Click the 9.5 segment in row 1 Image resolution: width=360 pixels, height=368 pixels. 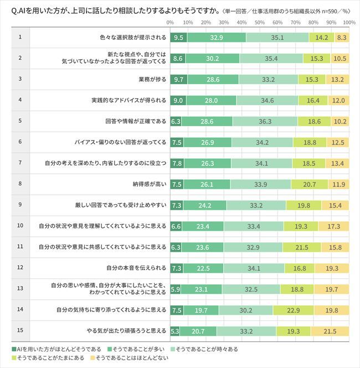pyautogui.click(x=178, y=38)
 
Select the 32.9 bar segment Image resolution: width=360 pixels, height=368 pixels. pyautogui.click(x=217, y=38)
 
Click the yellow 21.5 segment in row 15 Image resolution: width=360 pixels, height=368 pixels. pyautogui.click(x=330, y=332)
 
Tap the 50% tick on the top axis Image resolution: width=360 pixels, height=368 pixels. pyautogui.click(x=259, y=23)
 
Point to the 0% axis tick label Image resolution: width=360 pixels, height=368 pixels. pyautogui.click(x=171, y=23)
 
